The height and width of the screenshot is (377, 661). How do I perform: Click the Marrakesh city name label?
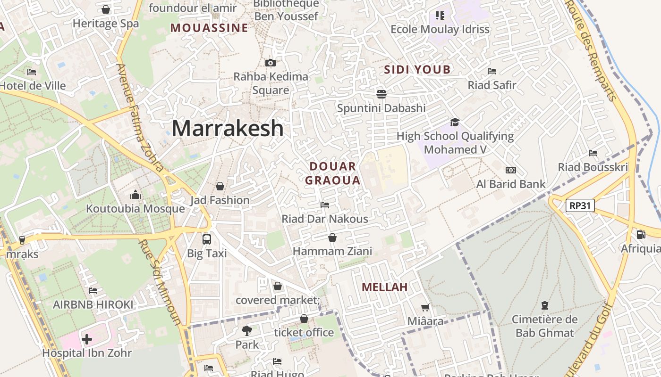coord(228,128)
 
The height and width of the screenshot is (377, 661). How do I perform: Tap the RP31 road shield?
coord(580,205)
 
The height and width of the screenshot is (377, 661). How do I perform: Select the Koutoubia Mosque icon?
coord(136,195)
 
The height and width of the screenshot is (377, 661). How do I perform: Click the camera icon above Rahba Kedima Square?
coord(271,63)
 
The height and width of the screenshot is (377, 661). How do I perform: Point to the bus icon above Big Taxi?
coord(207,239)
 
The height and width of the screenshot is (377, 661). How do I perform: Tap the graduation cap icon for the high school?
coord(455,122)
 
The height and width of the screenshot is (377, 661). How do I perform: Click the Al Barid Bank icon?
coord(510,170)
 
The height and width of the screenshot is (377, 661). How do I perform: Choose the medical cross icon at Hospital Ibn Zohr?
coord(87,339)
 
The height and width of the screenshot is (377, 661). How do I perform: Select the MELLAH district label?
coord(384,287)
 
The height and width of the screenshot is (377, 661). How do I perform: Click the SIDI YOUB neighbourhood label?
coord(417,70)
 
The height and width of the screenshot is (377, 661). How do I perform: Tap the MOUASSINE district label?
coord(209,28)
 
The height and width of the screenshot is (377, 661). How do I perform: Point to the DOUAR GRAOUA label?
coord(333,173)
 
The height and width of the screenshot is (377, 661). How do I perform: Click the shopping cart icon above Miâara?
coord(425,308)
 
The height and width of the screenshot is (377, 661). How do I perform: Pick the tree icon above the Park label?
coord(246,330)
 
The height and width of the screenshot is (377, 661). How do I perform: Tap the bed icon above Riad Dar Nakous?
coord(325,205)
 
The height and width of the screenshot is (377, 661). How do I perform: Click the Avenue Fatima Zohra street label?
coord(140,118)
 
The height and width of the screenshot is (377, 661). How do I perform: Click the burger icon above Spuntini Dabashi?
coord(381,94)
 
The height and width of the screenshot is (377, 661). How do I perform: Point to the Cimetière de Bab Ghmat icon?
coord(545,305)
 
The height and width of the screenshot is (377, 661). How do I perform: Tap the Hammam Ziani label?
coord(332,251)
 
